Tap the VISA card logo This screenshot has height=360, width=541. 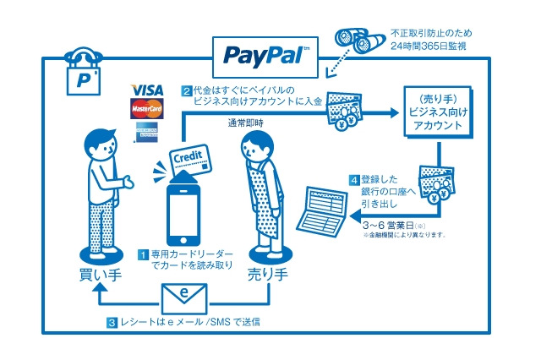pos(147,90)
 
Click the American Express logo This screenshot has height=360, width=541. pos(147,131)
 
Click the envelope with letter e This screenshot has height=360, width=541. pos(184,294)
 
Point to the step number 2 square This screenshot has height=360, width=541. pos(187,89)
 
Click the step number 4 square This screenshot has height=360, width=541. pos(355,181)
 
